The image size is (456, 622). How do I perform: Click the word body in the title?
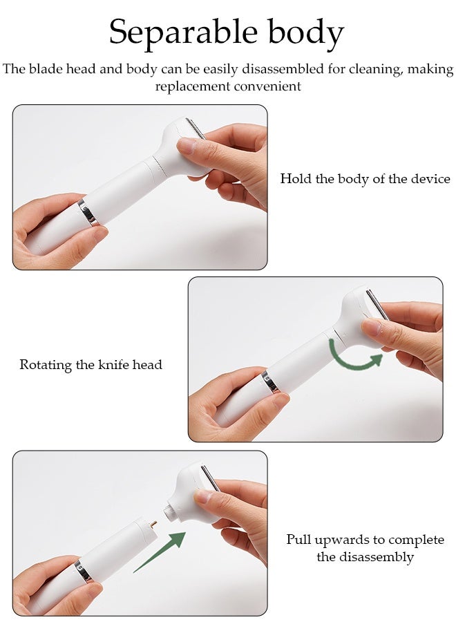click(305, 32)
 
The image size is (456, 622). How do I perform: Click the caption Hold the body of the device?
click(365, 179)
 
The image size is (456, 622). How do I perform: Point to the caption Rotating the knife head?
click(91, 364)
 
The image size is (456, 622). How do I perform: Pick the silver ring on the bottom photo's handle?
click(83, 571)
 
